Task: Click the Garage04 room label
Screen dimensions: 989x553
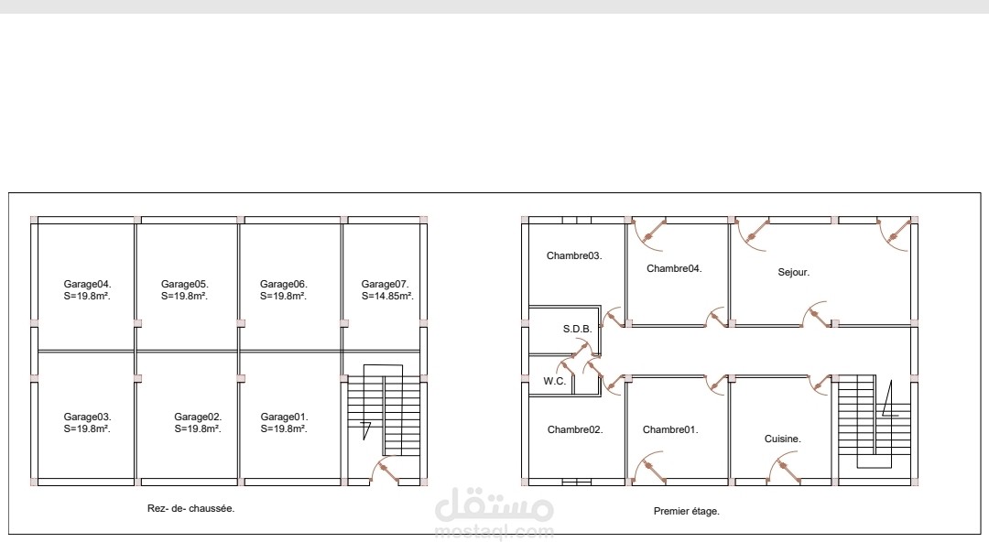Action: (87, 285)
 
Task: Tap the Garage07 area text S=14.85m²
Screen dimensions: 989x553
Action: (387, 297)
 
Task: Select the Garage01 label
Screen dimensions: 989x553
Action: (284, 417)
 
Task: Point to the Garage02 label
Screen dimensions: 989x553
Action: (198, 417)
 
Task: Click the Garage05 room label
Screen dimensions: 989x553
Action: (184, 285)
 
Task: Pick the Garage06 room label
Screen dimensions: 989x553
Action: (283, 285)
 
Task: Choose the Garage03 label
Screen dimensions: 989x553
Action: (87, 417)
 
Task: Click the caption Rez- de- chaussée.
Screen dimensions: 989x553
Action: (190, 508)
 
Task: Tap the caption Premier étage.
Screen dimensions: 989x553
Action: (686, 512)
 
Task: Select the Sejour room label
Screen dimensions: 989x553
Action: (793, 273)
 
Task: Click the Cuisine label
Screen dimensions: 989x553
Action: (782, 439)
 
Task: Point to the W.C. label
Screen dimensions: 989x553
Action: (554, 382)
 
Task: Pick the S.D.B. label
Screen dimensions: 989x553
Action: (577, 330)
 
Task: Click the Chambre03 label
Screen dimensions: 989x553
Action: (574, 256)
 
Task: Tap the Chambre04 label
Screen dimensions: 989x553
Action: (674, 268)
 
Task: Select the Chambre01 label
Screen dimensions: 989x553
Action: (669, 430)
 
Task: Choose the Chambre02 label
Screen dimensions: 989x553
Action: (574, 430)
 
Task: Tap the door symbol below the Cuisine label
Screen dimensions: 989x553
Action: (785, 470)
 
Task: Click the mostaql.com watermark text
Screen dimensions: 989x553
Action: (494, 532)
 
